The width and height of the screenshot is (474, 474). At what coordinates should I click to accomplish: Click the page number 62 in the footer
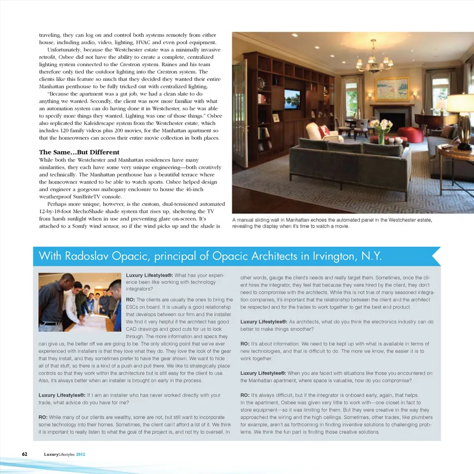pyautogui.click(x=24, y=454)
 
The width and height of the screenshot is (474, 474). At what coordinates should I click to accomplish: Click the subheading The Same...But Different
pyautogui.click(x=79, y=152)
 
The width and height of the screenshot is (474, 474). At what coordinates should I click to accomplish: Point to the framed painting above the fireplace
pyautogui.click(x=392, y=89)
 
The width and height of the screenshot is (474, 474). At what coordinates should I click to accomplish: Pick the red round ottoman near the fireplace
pyautogui.click(x=410, y=134)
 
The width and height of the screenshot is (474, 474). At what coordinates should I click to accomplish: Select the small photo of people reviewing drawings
pyautogui.click(x=79, y=301)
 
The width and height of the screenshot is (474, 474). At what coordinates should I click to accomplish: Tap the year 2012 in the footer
pyautogui.click(x=82, y=454)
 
